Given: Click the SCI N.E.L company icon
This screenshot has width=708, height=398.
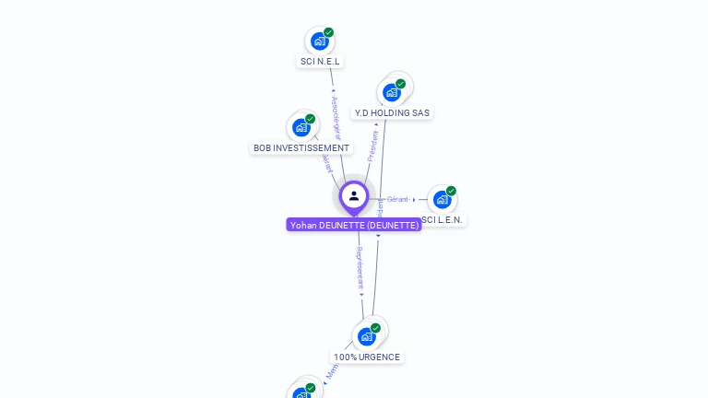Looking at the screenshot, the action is click(x=319, y=41).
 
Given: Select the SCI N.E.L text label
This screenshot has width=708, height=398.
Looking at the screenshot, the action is click(x=320, y=62).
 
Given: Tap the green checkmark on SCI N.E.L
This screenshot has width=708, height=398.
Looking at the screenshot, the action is click(x=329, y=32).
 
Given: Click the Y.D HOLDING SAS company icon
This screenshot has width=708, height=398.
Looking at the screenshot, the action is click(x=392, y=92).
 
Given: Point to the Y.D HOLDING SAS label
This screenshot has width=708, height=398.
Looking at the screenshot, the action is click(x=392, y=113).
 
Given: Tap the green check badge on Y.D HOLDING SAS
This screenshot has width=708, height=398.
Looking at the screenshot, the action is click(x=401, y=84).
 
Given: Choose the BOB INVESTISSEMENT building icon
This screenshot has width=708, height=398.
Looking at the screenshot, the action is click(x=301, y=127).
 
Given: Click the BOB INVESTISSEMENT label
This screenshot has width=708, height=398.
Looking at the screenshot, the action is click(x=301, y=147).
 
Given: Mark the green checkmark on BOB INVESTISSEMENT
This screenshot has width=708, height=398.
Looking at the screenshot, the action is click(x=311, y=119).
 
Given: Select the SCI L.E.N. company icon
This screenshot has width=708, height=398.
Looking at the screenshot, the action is click(x=442, y=199).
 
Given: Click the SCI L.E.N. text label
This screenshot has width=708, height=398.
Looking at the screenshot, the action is click(x=443, y=219).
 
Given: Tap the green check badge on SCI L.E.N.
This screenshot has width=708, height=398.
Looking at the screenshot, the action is click(x=451, y=191).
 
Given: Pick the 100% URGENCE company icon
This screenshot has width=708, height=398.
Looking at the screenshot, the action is click(x=367, y=336).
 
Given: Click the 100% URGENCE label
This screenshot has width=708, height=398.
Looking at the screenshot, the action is click(x=367, y=357).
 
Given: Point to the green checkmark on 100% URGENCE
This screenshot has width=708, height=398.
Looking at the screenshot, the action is click(x=376, y=328).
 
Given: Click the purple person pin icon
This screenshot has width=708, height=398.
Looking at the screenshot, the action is click(x=354, y=196).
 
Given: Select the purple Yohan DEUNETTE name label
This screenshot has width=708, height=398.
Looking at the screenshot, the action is click(x=354, y=225).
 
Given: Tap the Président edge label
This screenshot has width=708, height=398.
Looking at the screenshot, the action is click(x=373, y=146).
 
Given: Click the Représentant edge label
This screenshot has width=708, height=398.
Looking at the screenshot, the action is click(x=360, y=268).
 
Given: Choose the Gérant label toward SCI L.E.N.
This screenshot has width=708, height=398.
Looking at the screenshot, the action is click(x=397, y=199).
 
